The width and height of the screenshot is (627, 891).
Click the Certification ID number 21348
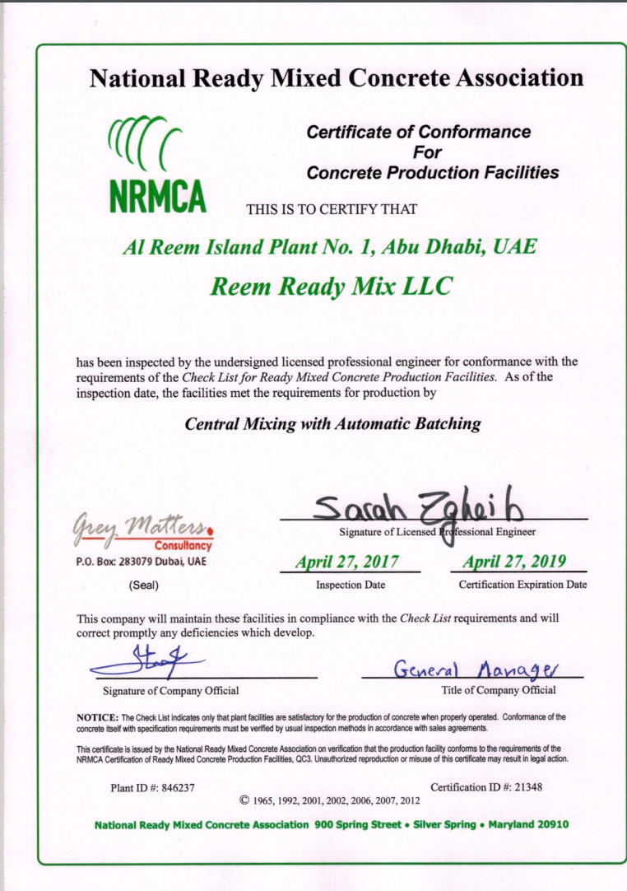(525, 787)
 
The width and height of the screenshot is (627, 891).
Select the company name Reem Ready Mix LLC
(331, 286)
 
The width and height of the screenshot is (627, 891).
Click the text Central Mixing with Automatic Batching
(332, 424)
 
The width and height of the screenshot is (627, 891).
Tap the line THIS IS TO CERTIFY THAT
(332, 209)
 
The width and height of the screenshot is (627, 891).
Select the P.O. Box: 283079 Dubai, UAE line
(141, 562)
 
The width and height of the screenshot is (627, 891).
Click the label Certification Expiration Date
(522, 585)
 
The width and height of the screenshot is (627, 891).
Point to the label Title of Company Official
(499, 690)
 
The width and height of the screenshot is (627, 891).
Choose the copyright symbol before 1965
(244, 800)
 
